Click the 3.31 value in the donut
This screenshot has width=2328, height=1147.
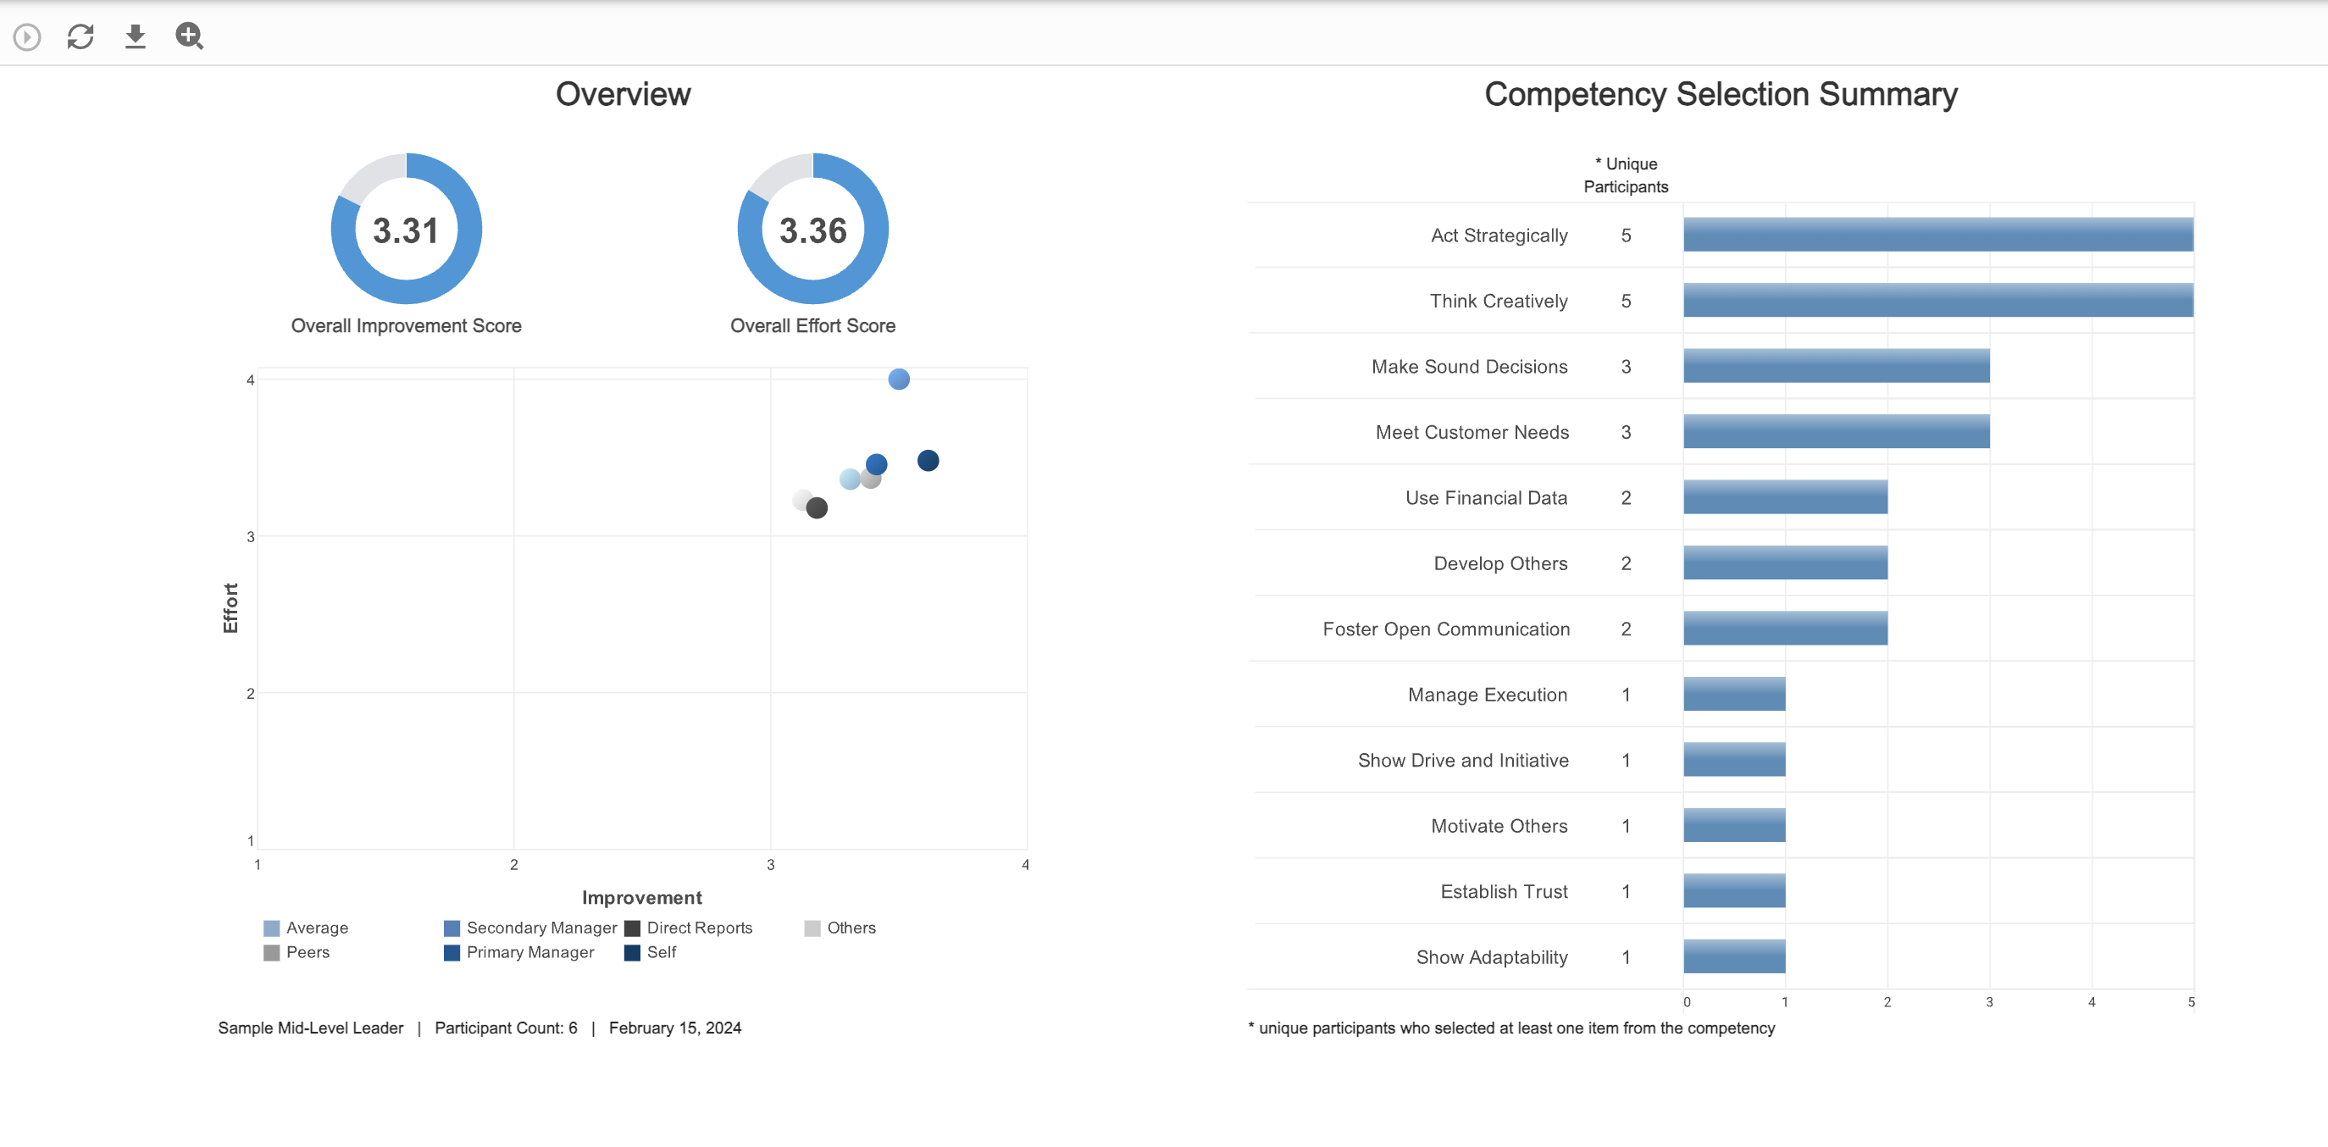coord(405,230)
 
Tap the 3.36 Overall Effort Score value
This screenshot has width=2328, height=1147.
coord(812,230)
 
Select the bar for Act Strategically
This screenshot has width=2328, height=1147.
coord(1937,235)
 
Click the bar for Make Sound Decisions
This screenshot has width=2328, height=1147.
coord(1835,366)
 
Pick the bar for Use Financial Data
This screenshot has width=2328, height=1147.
coord(1784,497)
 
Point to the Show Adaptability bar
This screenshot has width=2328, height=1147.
coord(1733,956)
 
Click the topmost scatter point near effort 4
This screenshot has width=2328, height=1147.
coord(898,379)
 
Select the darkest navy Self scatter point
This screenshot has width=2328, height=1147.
coord(928,461)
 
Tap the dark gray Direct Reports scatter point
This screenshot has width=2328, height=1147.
coord(817,508)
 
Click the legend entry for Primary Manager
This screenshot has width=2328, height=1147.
coord(529,952)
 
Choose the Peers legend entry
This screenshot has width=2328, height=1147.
coord(308,952)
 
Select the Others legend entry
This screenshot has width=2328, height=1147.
coord(851,928)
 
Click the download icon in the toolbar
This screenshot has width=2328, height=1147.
coord(135,36)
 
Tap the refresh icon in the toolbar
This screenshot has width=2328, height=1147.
coord(80,36)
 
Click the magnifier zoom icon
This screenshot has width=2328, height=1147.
coord(189,36)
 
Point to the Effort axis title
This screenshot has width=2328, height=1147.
coord(230,607)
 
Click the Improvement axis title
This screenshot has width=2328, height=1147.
coord(641,898)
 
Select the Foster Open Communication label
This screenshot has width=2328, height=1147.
coord(1445,629)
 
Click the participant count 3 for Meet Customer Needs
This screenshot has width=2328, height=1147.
coord(1625,432)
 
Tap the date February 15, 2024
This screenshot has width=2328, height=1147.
coord(674,1028)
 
